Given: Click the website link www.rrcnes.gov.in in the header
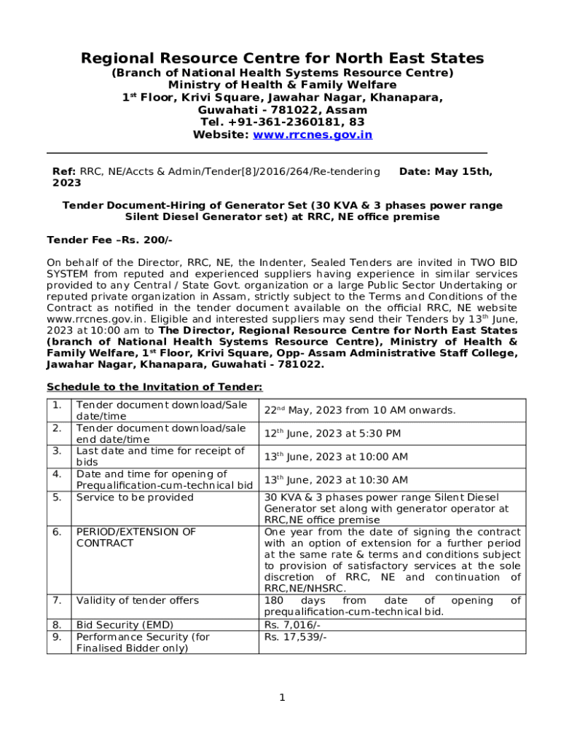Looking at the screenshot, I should (x=313, y=135).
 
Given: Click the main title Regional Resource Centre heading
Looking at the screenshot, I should (x=282, y=58).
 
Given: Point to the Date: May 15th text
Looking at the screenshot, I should (x=446, y=172).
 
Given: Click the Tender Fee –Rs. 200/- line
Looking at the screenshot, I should (x=109, y=240).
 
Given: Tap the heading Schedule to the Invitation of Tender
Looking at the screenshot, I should (x=154, y=387).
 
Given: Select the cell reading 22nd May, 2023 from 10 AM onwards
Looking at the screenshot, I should (x=359, y=411).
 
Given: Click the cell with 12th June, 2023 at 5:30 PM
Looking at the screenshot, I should (x=332, y=433).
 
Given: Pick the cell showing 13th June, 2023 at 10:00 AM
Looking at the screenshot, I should (x=335, y=457).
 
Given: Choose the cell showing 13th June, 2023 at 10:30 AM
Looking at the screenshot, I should (x=335, y=480).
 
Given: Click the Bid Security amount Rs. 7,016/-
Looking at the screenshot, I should (x=292, y=625).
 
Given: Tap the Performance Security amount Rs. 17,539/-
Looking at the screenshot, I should (x=295, y=637).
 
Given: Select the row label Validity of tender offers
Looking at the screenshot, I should (x=137, y=600).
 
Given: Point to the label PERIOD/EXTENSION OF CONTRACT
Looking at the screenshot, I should (x=136, y=538).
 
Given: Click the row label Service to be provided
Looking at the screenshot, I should (x=135, y=498).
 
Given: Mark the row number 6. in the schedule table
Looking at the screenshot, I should (x=57, y=532).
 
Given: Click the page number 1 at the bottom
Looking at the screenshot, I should (x=282, y=698).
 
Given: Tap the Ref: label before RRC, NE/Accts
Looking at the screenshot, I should (x=64, y=172).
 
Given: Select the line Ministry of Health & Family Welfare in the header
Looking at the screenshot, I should (x=282, y=85).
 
